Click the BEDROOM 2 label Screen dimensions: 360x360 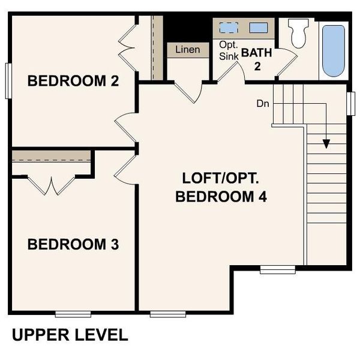73,81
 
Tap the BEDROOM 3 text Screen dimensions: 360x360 73,245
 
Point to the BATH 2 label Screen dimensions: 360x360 257,59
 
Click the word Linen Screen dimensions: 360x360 187,49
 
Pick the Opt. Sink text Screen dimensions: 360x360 228,50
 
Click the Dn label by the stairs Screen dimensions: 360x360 263,103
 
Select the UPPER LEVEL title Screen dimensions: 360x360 70,335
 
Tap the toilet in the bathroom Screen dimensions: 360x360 298,33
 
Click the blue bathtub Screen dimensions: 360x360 334,50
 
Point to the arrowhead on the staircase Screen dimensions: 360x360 326,143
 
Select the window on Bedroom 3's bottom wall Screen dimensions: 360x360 73,314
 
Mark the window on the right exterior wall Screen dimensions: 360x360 352,103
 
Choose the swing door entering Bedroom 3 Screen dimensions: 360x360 124,167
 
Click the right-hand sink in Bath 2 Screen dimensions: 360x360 259,28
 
